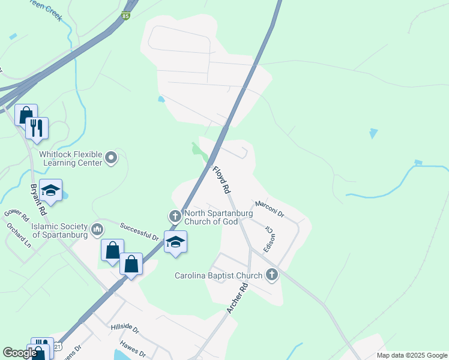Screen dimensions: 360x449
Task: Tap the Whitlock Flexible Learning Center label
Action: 71,158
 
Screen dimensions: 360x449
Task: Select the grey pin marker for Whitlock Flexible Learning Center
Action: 111,158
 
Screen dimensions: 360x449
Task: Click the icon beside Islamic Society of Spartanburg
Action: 97,229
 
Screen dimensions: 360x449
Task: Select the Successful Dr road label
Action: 139,231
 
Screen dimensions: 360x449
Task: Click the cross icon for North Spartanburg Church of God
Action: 175,215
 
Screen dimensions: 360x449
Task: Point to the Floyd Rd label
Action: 221,179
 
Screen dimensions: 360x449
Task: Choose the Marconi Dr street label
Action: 269,208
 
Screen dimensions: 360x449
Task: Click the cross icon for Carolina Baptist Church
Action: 272,275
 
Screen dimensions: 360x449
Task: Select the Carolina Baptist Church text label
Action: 218,276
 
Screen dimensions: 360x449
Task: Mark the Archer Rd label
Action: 238,298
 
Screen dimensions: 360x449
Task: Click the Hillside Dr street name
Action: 125,329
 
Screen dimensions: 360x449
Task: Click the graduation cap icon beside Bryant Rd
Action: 51,190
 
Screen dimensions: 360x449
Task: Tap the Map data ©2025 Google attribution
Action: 411,355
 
